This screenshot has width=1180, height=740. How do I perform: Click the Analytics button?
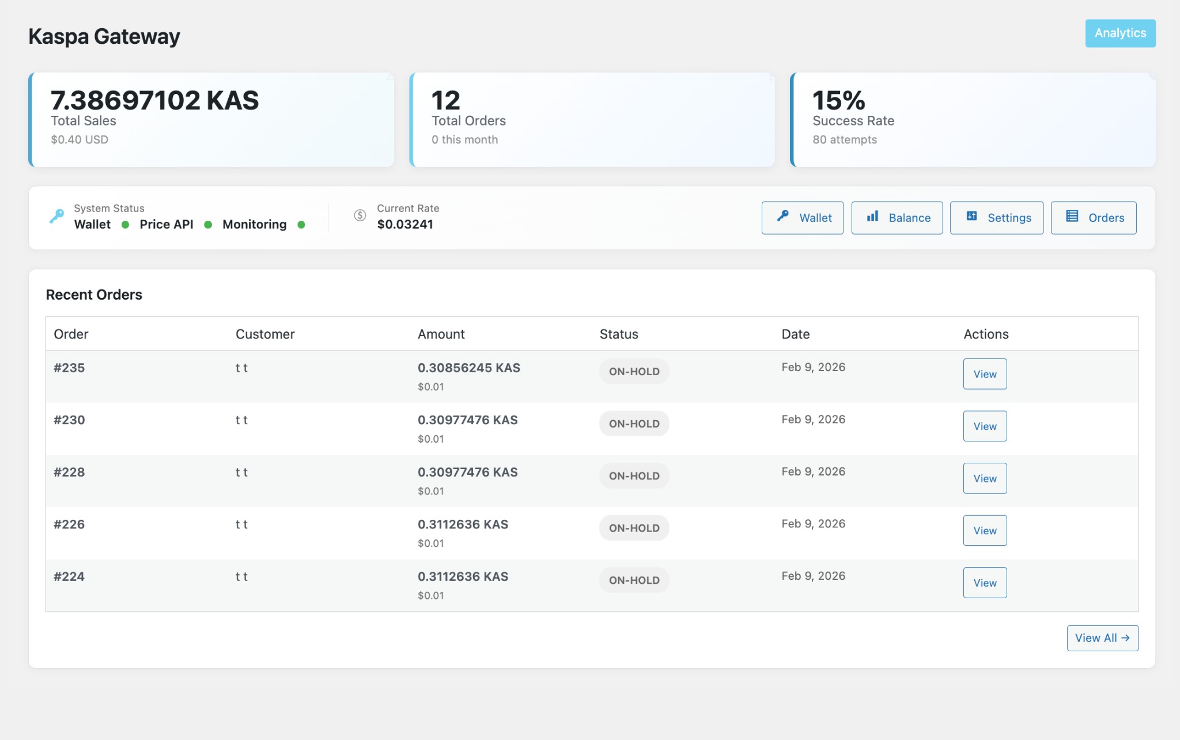click(x=1120, y=33)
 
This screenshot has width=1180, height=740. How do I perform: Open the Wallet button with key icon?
click(x=802, y=218)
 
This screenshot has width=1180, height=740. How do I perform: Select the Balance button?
click(x=897, y=218)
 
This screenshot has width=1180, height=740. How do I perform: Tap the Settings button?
click(x=996, y=218)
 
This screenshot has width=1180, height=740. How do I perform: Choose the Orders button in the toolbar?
click(x=1093, y=218)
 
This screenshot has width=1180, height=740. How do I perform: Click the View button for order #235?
click(x=985, y=374)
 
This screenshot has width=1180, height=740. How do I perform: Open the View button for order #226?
click(x=985, y=530)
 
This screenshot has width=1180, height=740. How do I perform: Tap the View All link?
click(x=1102, y=638)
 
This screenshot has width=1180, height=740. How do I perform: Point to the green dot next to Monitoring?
click(x=301, y=225)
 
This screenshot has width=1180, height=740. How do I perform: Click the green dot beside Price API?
click(x=208, y=225)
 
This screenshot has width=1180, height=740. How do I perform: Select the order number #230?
click(x=69, y=420)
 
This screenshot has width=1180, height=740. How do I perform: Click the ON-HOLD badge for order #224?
click(x=634, y=580)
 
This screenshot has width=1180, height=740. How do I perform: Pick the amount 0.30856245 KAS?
click(x=468, y=368)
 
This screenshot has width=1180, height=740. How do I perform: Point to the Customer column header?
click(x=265, y=334)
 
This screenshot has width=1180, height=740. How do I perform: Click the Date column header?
click(x=795, y=334)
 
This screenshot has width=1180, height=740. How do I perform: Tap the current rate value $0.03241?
click(x=404, y=225)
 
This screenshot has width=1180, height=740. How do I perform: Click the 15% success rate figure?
click(x=838, y=101)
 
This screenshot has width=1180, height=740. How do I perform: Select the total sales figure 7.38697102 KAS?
click(x=154, y=101)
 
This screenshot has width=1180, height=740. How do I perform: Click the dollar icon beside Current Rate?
click(x=360, y=216)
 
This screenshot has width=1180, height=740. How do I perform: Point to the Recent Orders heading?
click(x=94, y=295)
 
